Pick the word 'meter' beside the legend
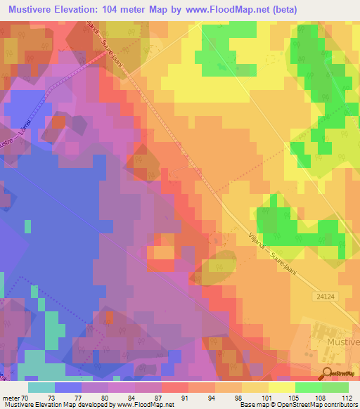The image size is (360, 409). pyautogui.click(x=12, y=398)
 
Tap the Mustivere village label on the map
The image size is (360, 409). pyautogui.click(x=343, y=342)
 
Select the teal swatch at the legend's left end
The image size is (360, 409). pyautogui.click(x=41, y=387)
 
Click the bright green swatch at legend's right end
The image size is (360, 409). pyautogui.click(x=335, y=387)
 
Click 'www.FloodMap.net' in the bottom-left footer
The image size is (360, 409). pyautogui.click(x=145, y=405)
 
